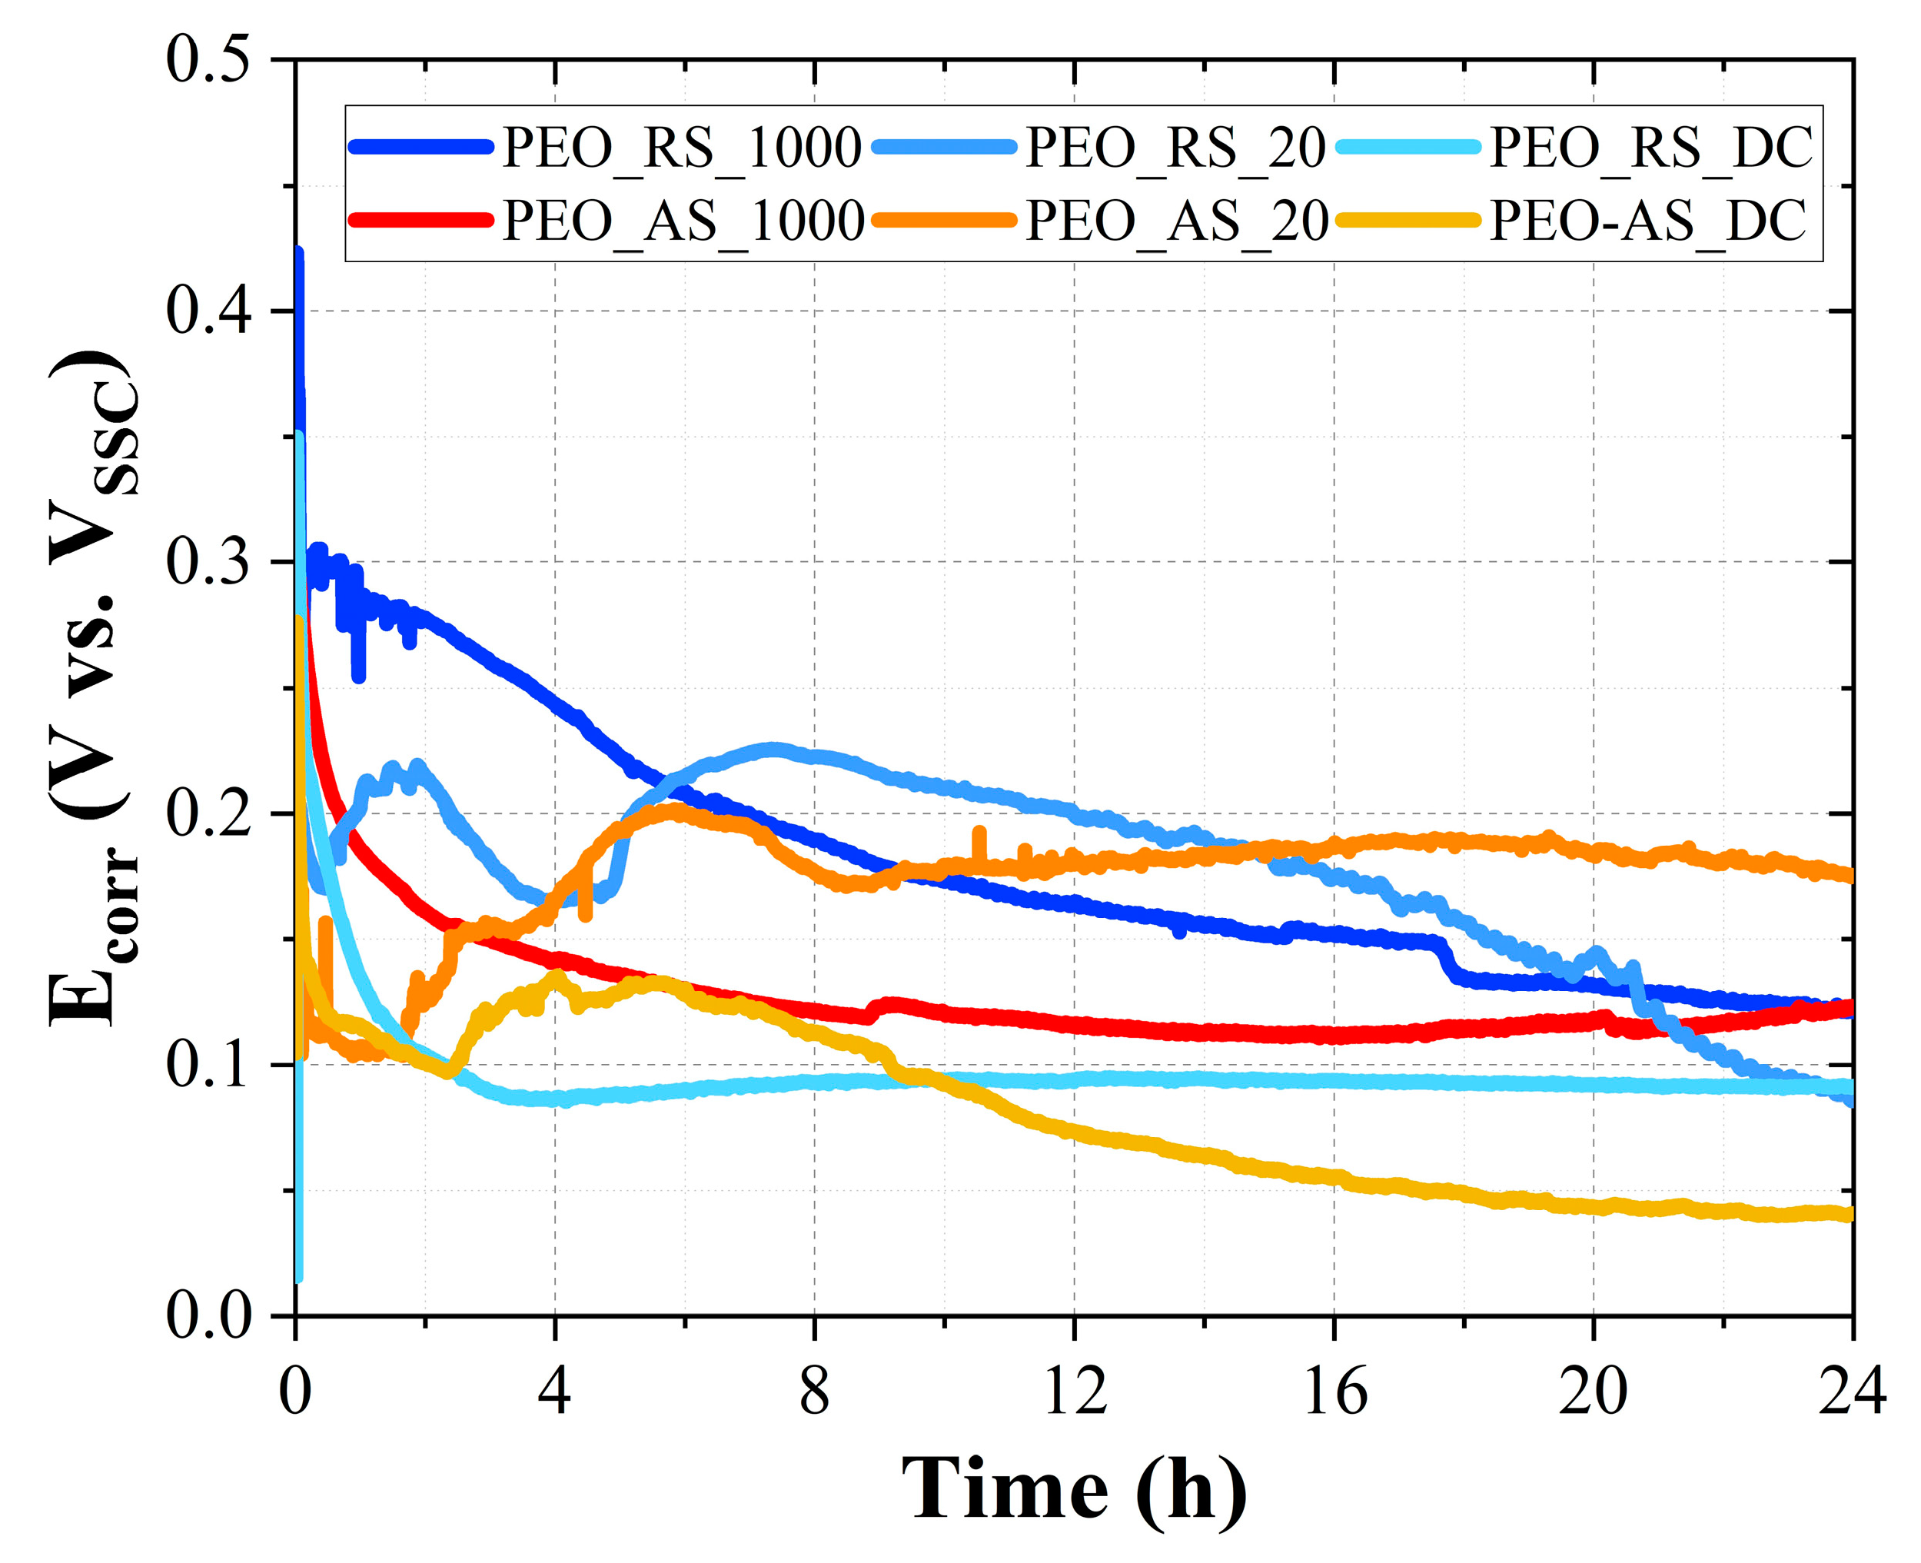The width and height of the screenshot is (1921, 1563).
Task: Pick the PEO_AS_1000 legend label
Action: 683,221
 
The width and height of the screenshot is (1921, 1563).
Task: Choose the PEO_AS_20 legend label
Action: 1177,221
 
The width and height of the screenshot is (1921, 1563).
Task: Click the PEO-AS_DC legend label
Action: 1647,221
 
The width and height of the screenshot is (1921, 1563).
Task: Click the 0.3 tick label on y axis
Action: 207,563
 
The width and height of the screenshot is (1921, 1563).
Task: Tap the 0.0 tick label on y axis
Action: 207,1316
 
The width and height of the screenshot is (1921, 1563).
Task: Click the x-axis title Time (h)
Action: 1073,1490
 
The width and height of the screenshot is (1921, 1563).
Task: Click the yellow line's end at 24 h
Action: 1849,1215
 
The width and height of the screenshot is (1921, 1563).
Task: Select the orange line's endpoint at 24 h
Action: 1849,875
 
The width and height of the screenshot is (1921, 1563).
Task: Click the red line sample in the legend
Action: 421,221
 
